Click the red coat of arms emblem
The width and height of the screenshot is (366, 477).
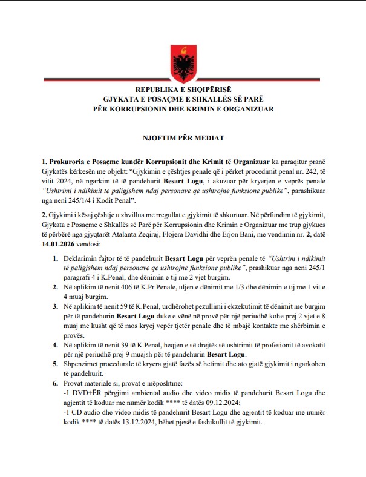(183, 58)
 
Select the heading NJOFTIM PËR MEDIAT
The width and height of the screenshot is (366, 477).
(183, 138)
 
